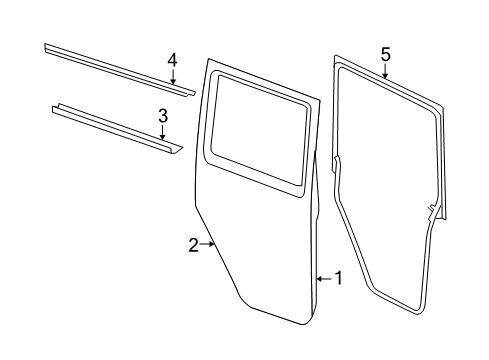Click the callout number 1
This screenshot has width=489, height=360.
coord(338,278)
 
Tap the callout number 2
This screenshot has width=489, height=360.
coord(193,245)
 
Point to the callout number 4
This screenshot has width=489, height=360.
coord(172,60)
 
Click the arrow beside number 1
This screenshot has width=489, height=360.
coord(322,278)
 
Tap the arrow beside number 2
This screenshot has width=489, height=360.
coord(208,244)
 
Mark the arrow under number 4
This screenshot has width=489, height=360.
coord(172,78)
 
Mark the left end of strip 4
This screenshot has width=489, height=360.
coord(46,47)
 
